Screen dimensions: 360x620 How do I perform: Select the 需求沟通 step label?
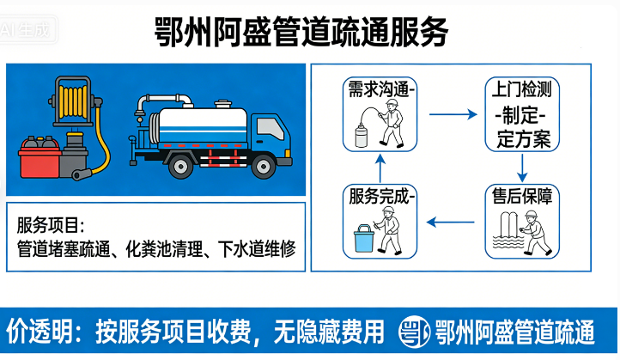click(x=381, y=88)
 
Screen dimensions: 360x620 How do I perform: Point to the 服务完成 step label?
click(x=381, y=196)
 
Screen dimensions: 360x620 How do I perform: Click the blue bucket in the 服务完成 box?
click(x=364, y=238)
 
